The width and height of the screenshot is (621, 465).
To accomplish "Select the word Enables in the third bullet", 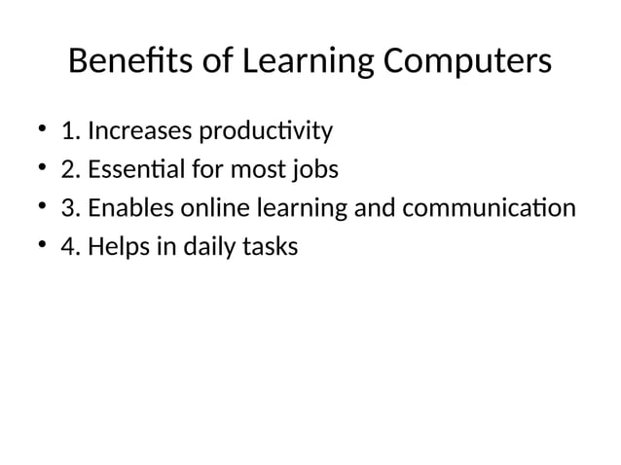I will click(125, 209).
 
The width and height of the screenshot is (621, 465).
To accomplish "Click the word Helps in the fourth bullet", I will click(116, 248).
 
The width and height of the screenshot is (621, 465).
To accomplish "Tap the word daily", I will click(204, 248).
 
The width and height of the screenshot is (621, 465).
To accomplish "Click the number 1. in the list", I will click(70, 130).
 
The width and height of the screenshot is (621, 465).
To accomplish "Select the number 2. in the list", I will click(70, 170).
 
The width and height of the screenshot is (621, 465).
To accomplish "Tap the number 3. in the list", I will click(70, 209).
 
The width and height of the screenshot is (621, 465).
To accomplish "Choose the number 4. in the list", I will click(70, 248).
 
